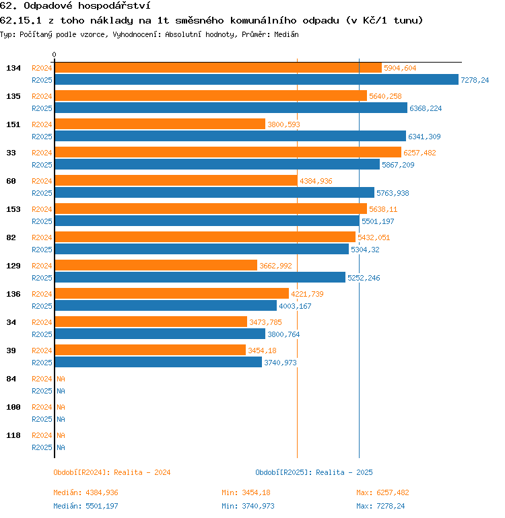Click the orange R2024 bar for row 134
click(217, 68)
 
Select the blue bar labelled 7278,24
click(256, 80)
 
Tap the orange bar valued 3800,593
click(160, 124)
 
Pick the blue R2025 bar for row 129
click(199, 278)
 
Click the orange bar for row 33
click(228, 153)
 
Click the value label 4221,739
click(307, 294)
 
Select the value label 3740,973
click(280, 363)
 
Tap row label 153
click(13, 209)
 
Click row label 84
click(11, 379)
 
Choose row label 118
click(13, 435)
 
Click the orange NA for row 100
click(61, 407)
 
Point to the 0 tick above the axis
click(55, 54)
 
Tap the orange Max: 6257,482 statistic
click(382, 492)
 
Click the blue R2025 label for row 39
click(42, 363)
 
